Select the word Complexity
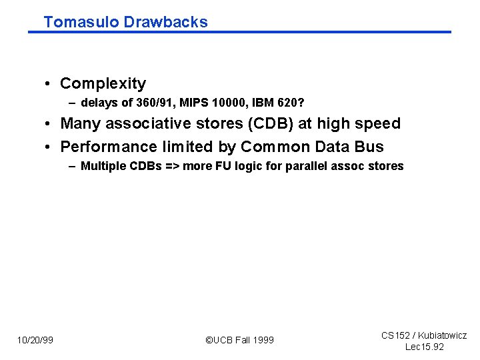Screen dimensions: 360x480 (x=103, y=83)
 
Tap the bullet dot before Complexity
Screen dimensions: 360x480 (x=49, y=84)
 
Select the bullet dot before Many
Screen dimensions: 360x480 (x=49, y=124)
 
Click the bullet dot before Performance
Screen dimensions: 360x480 (x=49, y=147)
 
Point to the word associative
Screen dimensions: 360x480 (x=144, y=123)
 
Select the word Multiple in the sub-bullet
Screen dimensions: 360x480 (x=101, y=166)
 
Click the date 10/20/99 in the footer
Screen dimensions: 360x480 (x=35, y=340)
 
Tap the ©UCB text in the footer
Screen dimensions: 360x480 (x=220, y=340)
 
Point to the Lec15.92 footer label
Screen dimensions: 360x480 (x=424, y=347)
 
